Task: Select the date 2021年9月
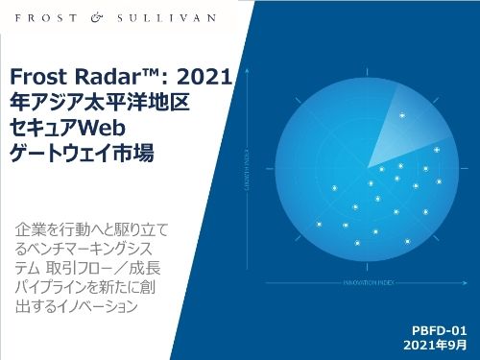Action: pos(436,344)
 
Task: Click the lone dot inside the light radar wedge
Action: pos(401,116)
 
